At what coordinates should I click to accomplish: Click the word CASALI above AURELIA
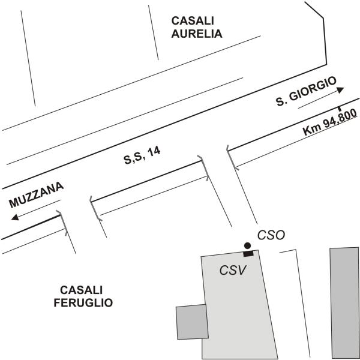click(x=188, y=20)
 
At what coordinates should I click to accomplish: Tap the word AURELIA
click(x=197, y=34)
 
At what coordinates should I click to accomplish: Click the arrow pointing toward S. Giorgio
click(x=321, y=97)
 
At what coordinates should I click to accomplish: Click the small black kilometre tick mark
click(x=340, y=109)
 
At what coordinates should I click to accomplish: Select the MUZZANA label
click(x=36, y=196)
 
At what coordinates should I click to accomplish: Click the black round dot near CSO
click(x=246, y=245)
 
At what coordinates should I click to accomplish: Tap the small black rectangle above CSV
click(x=248, y=253)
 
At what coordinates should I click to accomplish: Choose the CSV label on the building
click(x=233, y=270)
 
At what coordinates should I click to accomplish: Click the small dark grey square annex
click(x=191, y=322)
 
